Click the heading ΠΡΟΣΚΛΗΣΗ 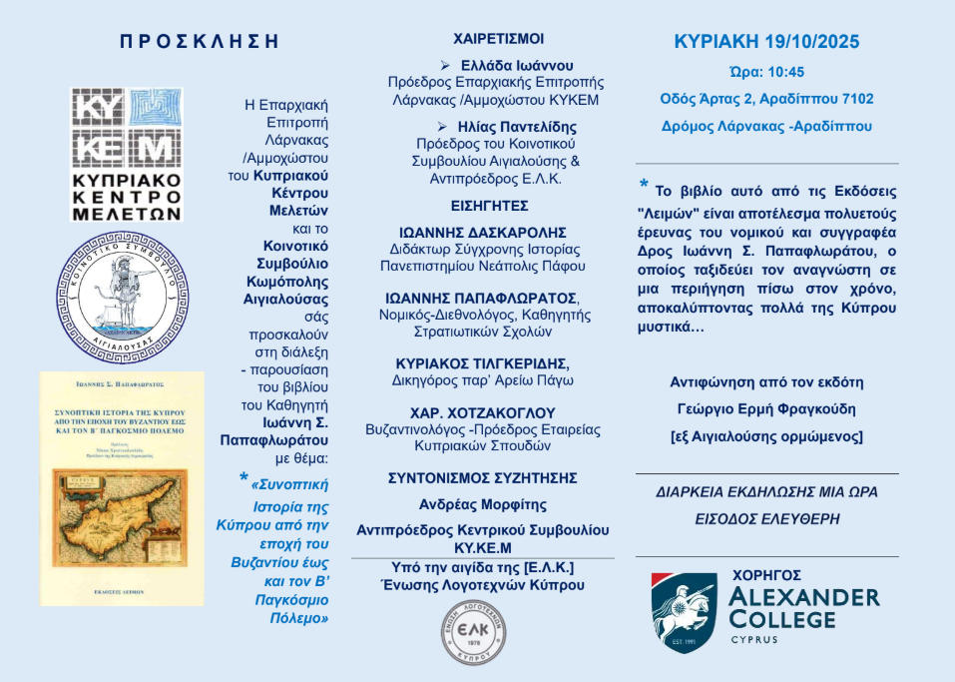click(x=199, y=42)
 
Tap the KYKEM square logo click(x=127, y=125)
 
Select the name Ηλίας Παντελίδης click(x=504, y=127)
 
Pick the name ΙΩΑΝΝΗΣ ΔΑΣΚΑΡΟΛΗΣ click(x=496, y=231)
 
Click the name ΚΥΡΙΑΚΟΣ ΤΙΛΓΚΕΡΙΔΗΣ click(x=496, y=362)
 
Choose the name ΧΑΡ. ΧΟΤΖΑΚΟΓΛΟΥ click(x=496, y=412)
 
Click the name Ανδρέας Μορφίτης click(x=496, y=504)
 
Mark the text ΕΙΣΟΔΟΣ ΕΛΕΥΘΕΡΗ click(x=766, y=519)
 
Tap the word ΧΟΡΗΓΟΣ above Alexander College click(x=788, y=575)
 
